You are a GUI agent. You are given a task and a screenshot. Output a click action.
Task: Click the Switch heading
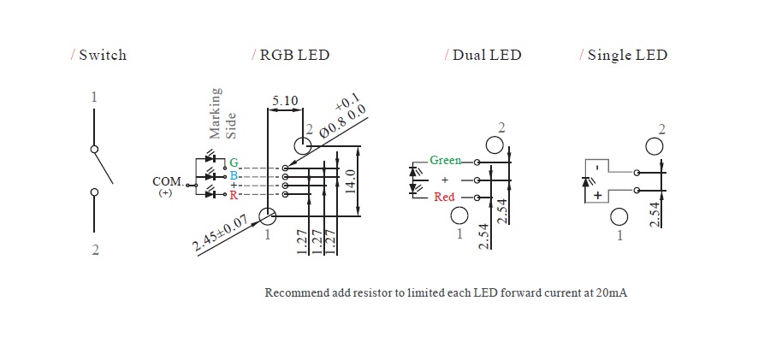pyautogui.click(x=102, y=55)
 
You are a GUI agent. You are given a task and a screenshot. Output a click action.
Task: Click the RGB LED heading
pyautogui.click(x=294, y=55)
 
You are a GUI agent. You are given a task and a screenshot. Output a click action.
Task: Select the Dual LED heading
pyautogui.click(x=486, y=55)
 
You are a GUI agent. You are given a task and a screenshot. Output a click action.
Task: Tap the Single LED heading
pyautogui.click(x=627, y=55)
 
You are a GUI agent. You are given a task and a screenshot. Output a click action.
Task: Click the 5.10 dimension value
pyautogui.click(x=285, y=101)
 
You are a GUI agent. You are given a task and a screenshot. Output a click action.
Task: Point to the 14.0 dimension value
pyautogui.click(x=351, y=180)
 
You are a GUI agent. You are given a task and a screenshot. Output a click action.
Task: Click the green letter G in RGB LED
pyautogui.click(x=233, y=162)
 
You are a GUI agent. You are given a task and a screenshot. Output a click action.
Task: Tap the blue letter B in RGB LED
pyautogui.click(x=233, y=175)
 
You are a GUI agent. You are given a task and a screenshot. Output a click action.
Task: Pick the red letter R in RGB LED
pyautogui.click(x=233, y=196)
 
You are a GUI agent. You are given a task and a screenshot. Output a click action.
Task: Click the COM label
pyautogui.click(x=167, y=181)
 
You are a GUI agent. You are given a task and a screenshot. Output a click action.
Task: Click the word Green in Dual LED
pyautogui.click(x=445, y=161)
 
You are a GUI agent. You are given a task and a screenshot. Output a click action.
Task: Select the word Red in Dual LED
pyautogui.click(x=444, y=197)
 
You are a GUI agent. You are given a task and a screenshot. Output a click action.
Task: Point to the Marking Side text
pyautogui.click(x=223, y=112)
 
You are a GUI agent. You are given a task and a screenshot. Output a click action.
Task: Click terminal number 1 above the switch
pyautogui.click(x=94, y=97)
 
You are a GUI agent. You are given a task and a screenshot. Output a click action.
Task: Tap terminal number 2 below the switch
pyautogui.click(x=95, y=251)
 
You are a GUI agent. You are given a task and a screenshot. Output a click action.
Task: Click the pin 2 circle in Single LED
pyautogui.click(x=654, y=145)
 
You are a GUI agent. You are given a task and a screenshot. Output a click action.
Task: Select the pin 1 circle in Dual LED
pyautogui.click(x=459, y=215)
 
